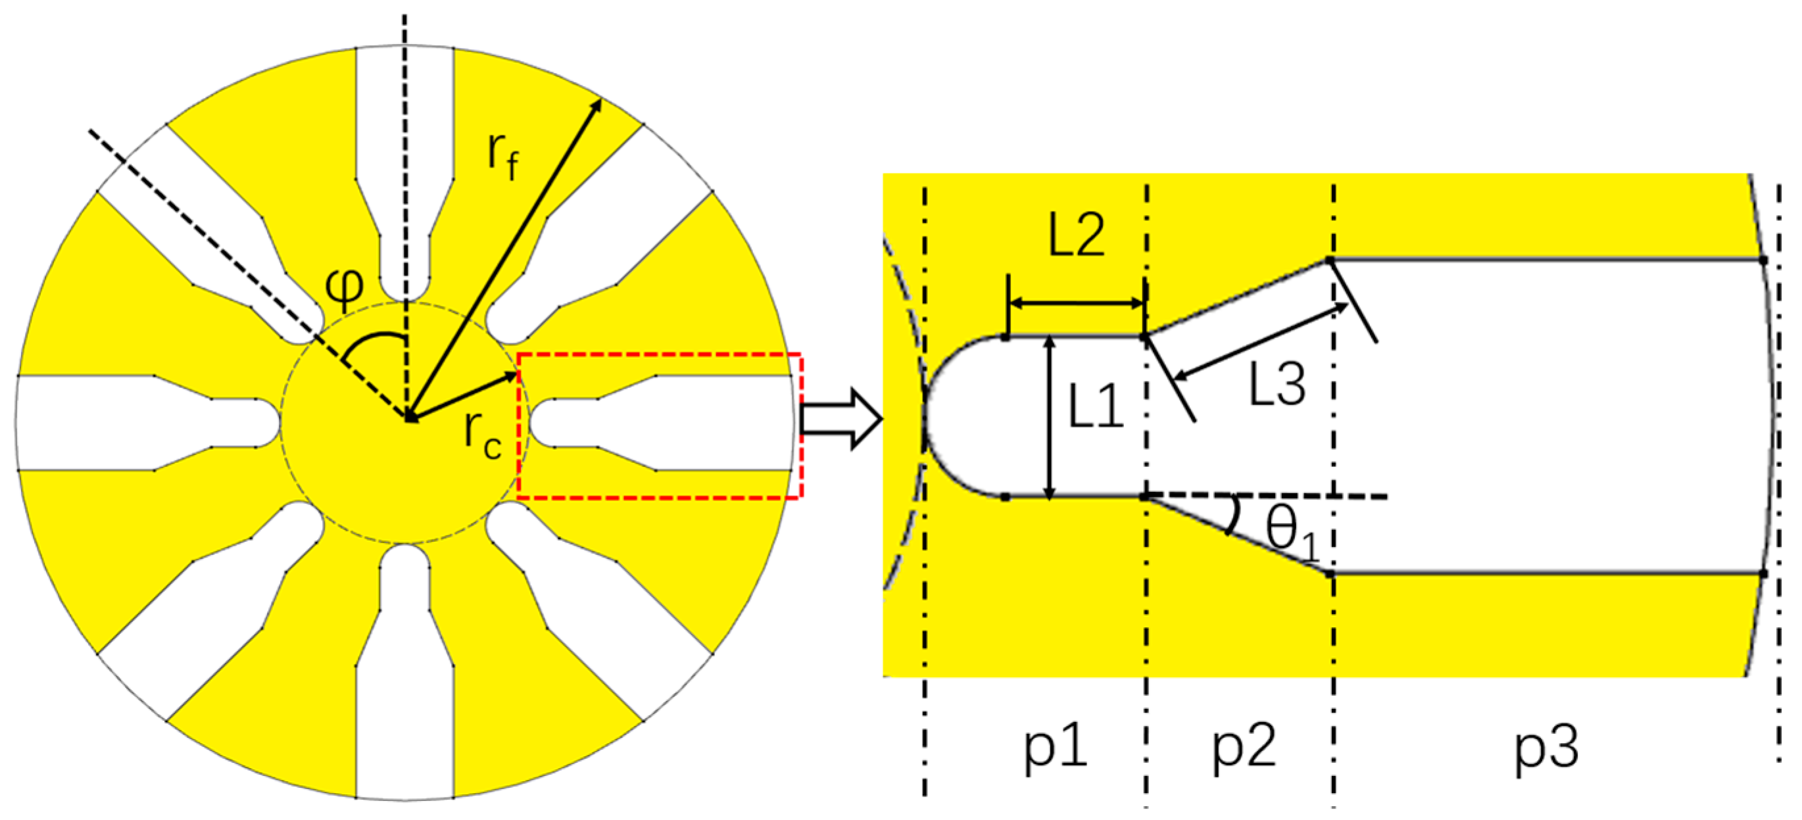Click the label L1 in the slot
click(x=1096, y=408)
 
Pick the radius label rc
click(x=483, y=435)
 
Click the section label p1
click(x=1056, y=747)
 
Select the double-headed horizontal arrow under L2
click(x=1077, y=303)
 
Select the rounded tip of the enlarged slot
click(x=934, y=418)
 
